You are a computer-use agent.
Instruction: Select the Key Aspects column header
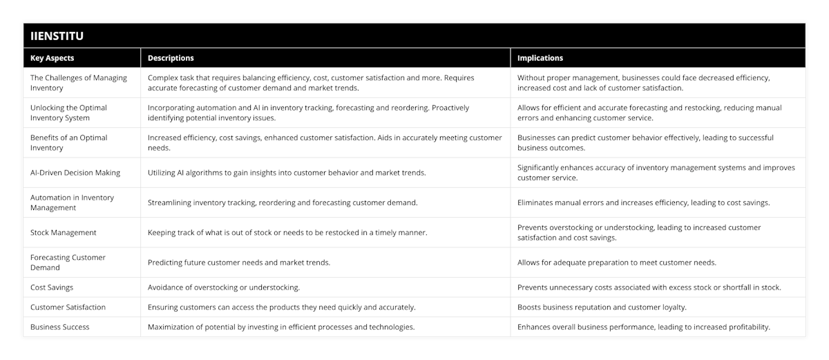coord(53,58)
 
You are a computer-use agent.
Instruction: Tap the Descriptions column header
coord(171,58)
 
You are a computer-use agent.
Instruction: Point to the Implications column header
coord(540,58)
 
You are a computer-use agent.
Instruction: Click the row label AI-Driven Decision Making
coord(75,173)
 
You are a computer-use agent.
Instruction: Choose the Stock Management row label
coord(64,233)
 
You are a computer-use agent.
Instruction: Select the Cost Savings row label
coord(52,287)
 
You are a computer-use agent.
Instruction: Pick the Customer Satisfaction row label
coord(68,307)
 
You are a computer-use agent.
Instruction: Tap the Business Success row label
coord(60,327)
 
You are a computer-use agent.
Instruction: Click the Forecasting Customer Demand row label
coord(68,263)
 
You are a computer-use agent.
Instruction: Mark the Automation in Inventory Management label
coord(72,202)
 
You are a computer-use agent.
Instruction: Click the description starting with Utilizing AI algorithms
coord(287,173)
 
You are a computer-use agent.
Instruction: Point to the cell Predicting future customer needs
coord(239,263)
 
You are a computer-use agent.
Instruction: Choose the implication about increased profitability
coord(644,327)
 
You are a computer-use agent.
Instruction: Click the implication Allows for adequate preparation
coord(617,263)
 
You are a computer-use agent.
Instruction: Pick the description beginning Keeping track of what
coord(287,233)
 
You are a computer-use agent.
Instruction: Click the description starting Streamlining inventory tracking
coord(283,202)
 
